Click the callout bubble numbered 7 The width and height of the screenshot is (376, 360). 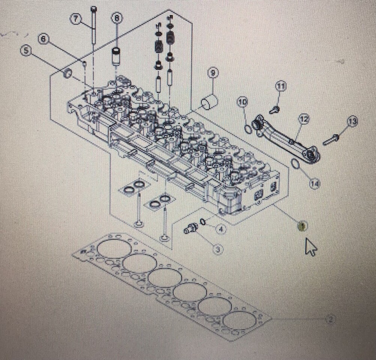coord(77,19)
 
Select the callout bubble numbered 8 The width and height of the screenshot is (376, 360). coord(117,18)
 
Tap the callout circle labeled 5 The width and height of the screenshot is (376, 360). coord(26,51)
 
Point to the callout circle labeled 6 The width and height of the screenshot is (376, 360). coord(44,39)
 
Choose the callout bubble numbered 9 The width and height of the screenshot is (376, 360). coord(212,73)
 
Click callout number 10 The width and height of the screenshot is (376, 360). coord(243,102)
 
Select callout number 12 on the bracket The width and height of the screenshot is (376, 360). coord(304,119)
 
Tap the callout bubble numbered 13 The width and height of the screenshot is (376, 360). coord(352,121)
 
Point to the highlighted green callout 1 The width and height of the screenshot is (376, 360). coord(302,226)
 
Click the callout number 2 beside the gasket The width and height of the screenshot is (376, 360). coord(330,319)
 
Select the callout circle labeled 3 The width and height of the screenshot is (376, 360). coord(218,249)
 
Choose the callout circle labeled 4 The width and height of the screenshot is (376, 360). coord(221,229)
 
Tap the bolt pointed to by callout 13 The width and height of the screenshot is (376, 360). coord(331,139)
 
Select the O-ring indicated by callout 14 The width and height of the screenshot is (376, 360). coord(296,164)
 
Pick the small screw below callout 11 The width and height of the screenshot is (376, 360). coord(274,109)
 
